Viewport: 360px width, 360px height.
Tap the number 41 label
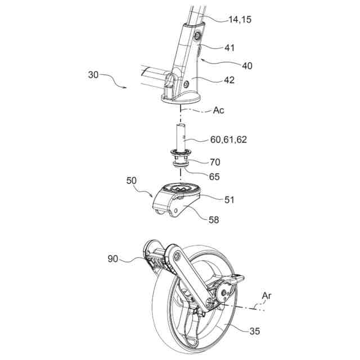click(x=229, y=48)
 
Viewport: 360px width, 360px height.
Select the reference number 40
click(x=246, y=66)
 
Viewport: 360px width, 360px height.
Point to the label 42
click(x=229, y=80)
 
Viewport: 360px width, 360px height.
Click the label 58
click(x=214, y=219)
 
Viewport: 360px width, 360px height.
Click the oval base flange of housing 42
click(x=180, y=101)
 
